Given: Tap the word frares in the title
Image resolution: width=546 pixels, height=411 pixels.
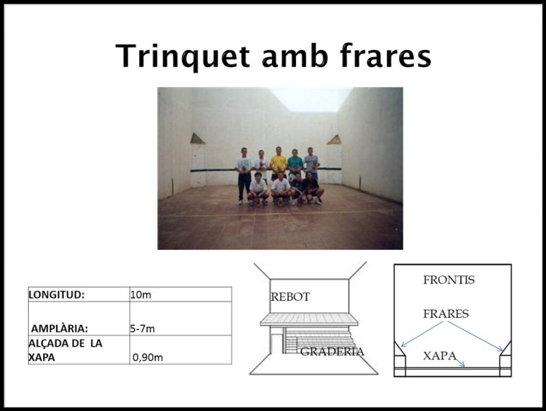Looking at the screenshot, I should [x=387, y=55].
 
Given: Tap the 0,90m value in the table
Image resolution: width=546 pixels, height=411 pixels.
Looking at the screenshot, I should [x=148, y=357].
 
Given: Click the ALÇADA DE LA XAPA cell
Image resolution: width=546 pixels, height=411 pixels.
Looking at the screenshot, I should [x=65, y=349].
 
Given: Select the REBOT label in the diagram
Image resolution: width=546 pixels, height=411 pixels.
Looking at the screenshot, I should [x=290, y=297].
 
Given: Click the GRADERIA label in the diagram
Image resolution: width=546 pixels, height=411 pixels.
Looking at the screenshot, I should [x=332, y=352].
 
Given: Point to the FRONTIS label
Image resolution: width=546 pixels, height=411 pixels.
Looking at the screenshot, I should [x=449, y=280].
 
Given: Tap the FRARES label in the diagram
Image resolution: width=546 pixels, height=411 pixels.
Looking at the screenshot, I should [x=446, y=314].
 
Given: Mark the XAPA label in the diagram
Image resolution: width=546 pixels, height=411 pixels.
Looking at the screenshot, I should [x=440, y=356].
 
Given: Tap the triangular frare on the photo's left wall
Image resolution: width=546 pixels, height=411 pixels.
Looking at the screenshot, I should [x=197, y=138].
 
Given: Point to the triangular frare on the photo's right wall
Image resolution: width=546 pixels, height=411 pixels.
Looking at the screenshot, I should [x=334, y=139].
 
